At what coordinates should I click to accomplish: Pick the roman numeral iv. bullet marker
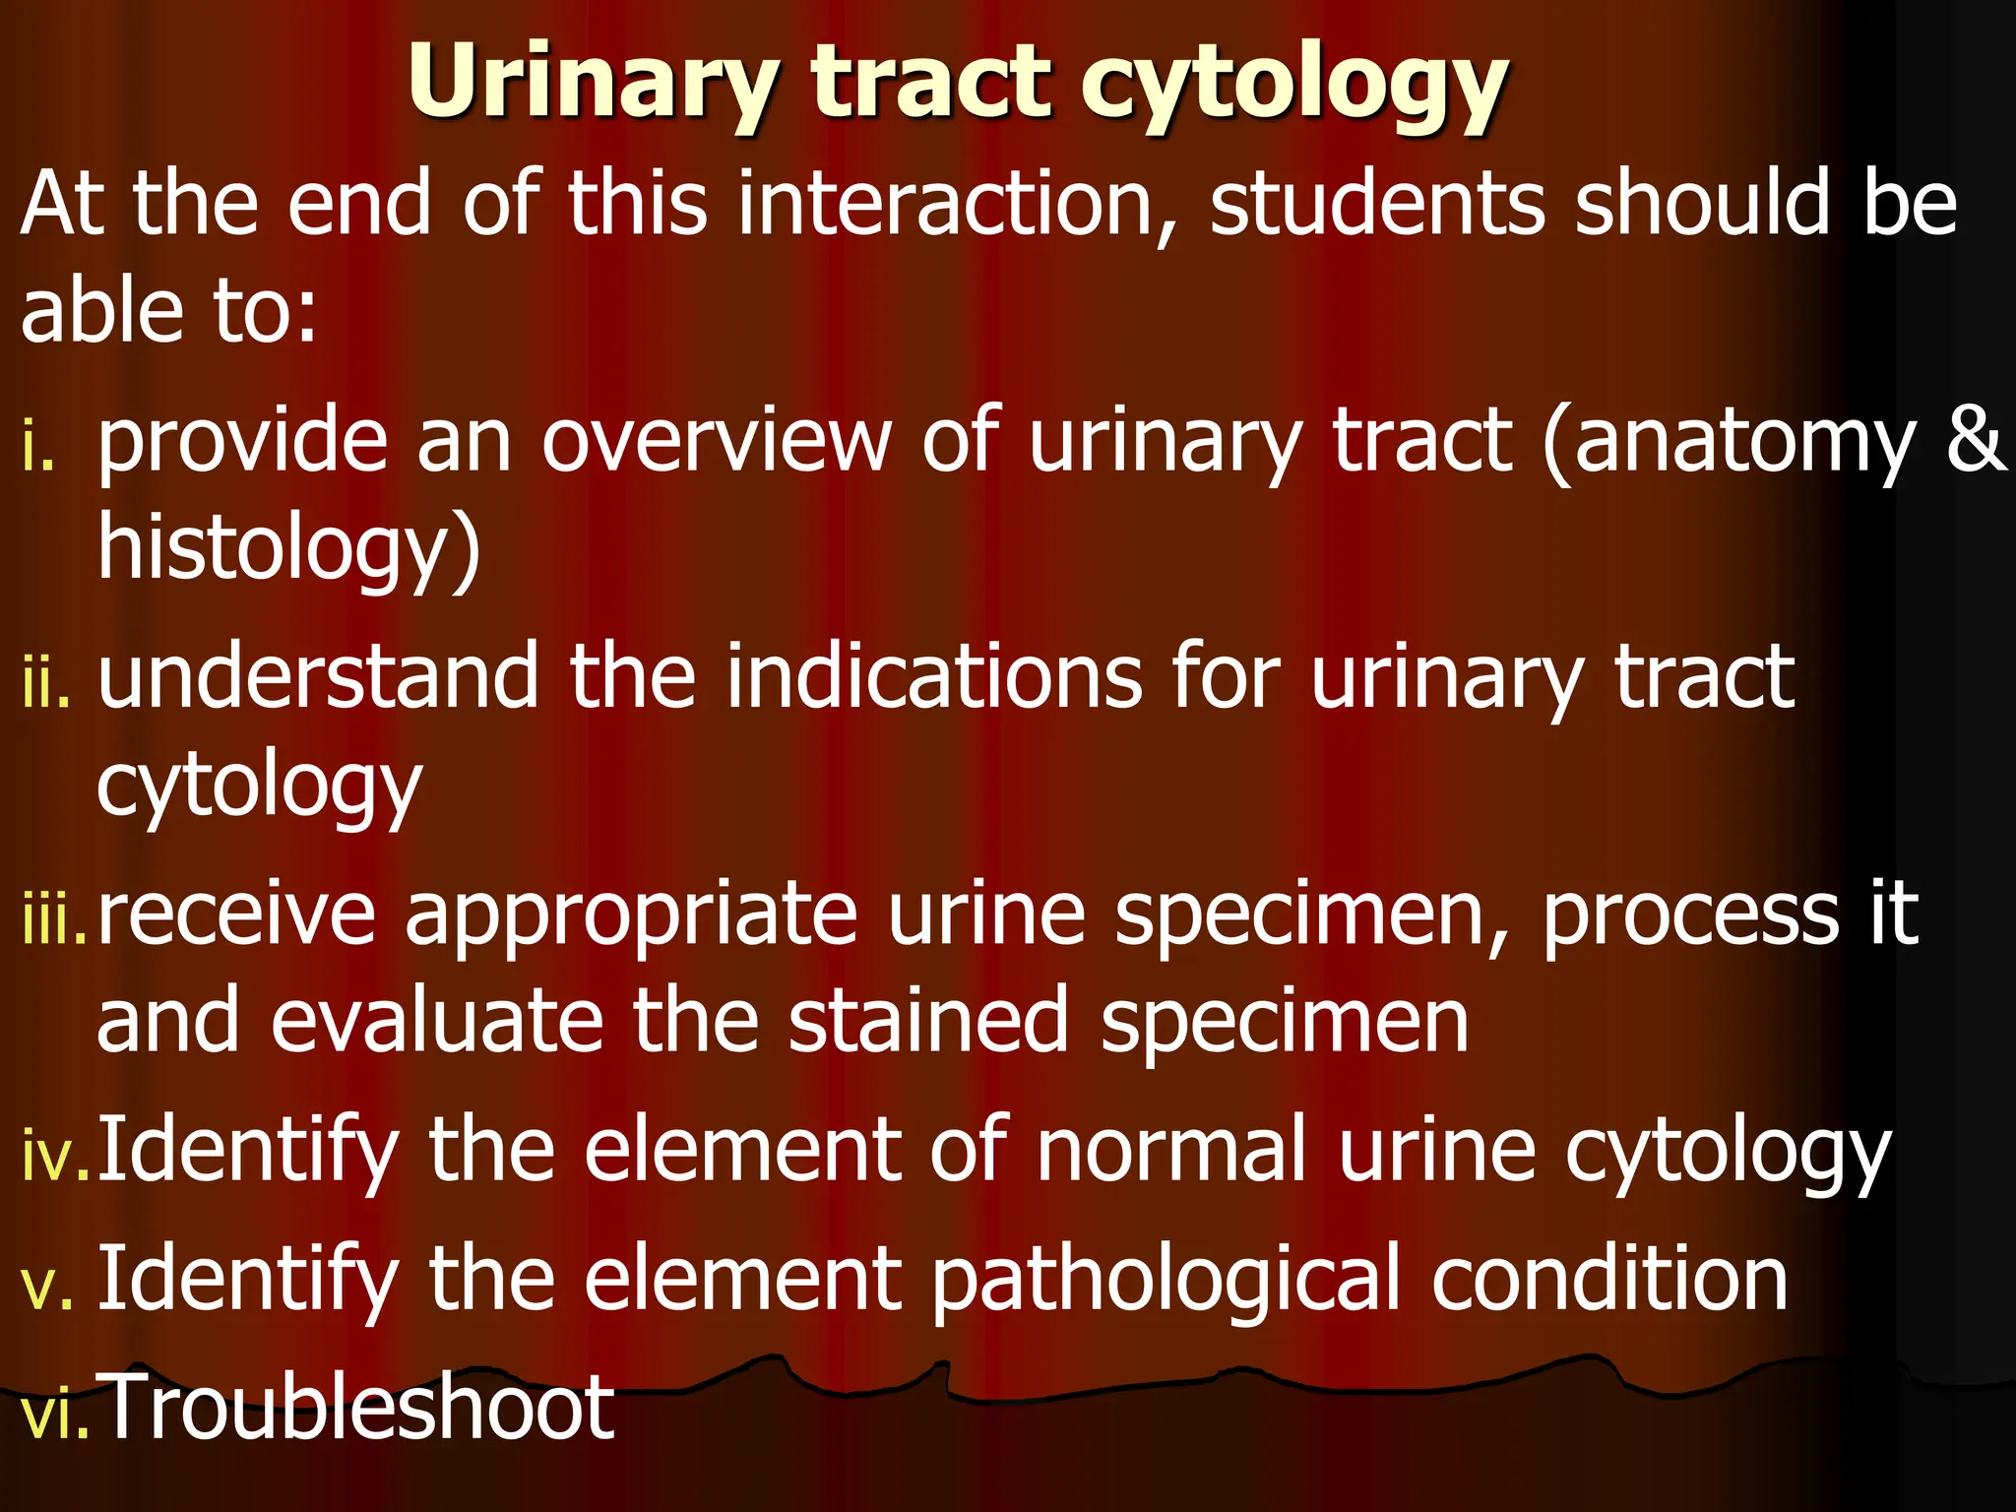point(55,1156)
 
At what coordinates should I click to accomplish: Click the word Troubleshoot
point(356,1408)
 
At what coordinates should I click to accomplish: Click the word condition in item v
point(1608,1280)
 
